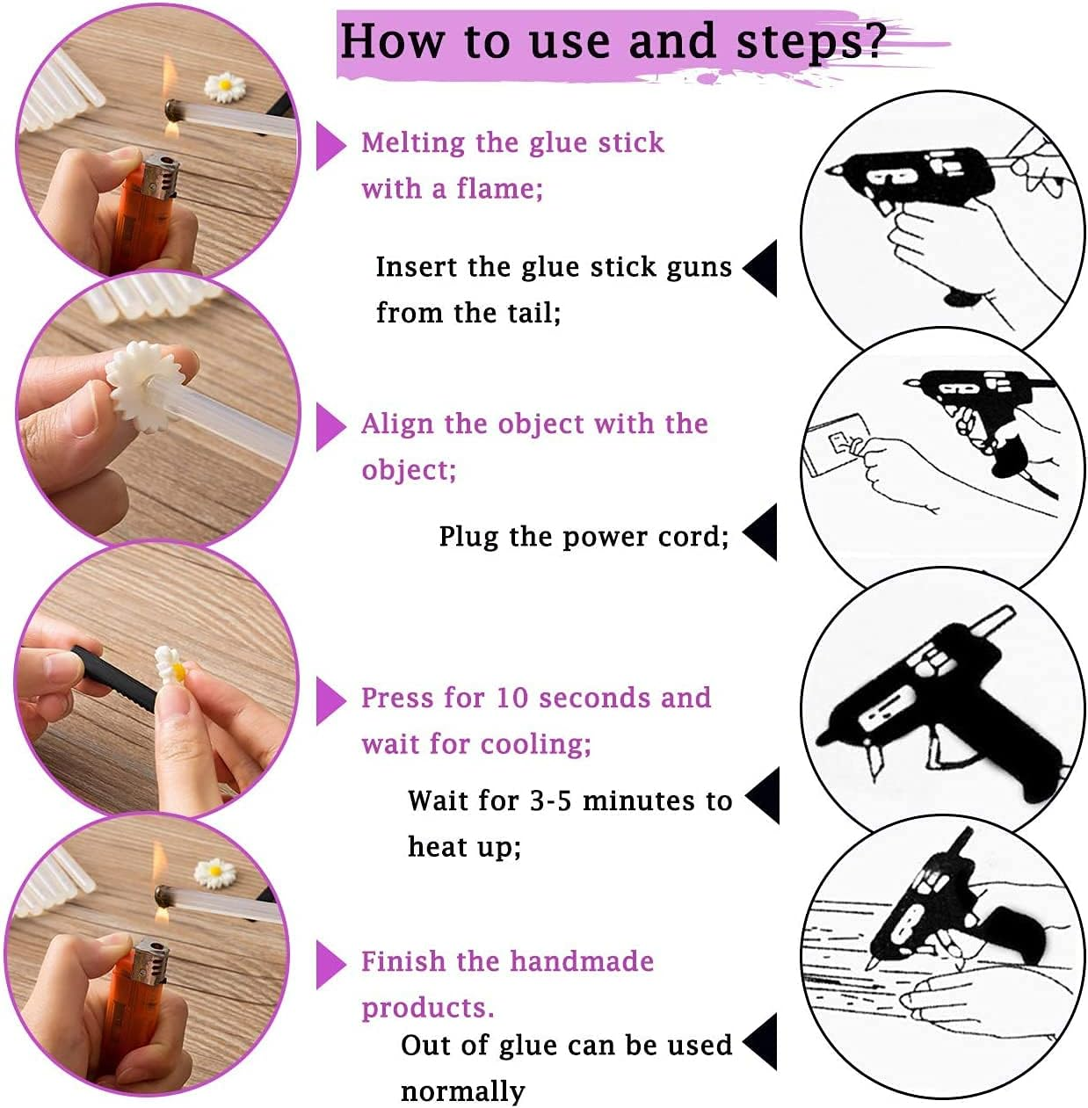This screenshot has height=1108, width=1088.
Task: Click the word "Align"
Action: (x=397, y=424)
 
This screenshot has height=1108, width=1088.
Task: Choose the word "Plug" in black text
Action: (x=468, y=536)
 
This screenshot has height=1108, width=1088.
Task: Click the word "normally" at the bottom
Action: (x=462, y=1091)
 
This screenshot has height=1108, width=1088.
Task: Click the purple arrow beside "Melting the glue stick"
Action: (x=330, y=146)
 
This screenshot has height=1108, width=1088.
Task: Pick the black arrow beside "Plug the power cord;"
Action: (x=761, y=532)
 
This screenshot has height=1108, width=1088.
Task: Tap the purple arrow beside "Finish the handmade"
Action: (x=330, y=965)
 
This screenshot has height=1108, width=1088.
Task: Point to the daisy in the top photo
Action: (x=224, y=85)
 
